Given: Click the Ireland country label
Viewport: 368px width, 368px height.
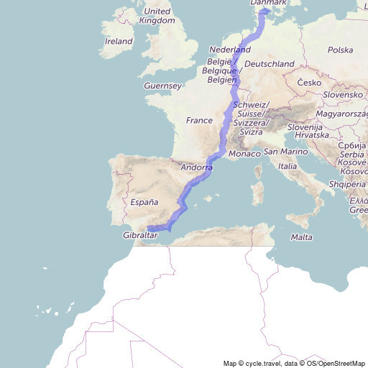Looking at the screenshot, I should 119,42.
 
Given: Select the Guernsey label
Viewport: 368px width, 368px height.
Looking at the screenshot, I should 163,86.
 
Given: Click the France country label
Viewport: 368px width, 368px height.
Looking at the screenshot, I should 199,121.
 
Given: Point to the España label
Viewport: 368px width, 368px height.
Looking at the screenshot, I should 144,203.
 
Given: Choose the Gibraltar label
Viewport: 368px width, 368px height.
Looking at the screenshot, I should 140,236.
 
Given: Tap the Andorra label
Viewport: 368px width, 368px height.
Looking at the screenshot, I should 196,167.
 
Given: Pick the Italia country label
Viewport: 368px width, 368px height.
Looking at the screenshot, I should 287,167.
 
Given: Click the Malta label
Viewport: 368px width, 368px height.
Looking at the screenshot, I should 301,237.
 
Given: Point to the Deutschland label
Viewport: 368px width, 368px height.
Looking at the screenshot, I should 270,64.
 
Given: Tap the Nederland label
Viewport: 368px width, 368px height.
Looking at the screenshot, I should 229,50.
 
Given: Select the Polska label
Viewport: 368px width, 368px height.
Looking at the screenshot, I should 340,50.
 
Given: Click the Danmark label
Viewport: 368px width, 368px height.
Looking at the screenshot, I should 267,4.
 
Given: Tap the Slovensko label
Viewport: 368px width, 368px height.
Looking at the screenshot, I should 342,95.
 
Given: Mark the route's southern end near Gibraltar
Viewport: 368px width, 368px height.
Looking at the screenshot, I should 148,229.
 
